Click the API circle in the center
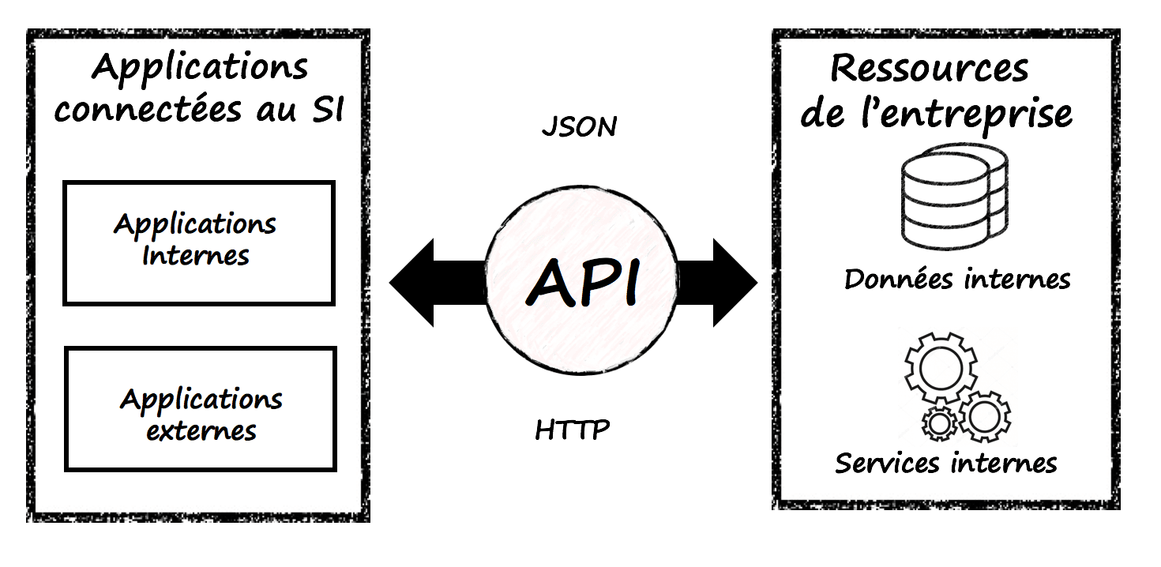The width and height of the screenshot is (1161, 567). [581, 283]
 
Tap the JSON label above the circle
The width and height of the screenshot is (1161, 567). [579, 127]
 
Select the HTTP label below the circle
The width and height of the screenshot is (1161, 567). [573, 430]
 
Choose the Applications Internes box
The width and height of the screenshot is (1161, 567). [199, 243]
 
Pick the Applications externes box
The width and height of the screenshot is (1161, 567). [201, 409]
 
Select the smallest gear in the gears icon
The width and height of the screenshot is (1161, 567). [940, 424]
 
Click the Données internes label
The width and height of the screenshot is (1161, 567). [957, 279]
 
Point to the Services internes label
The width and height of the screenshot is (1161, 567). [946, 463]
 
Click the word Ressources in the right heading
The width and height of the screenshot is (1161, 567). [930, 69]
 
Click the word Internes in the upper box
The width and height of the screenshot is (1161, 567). [196, 256]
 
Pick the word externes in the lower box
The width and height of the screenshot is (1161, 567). [201, 431]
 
